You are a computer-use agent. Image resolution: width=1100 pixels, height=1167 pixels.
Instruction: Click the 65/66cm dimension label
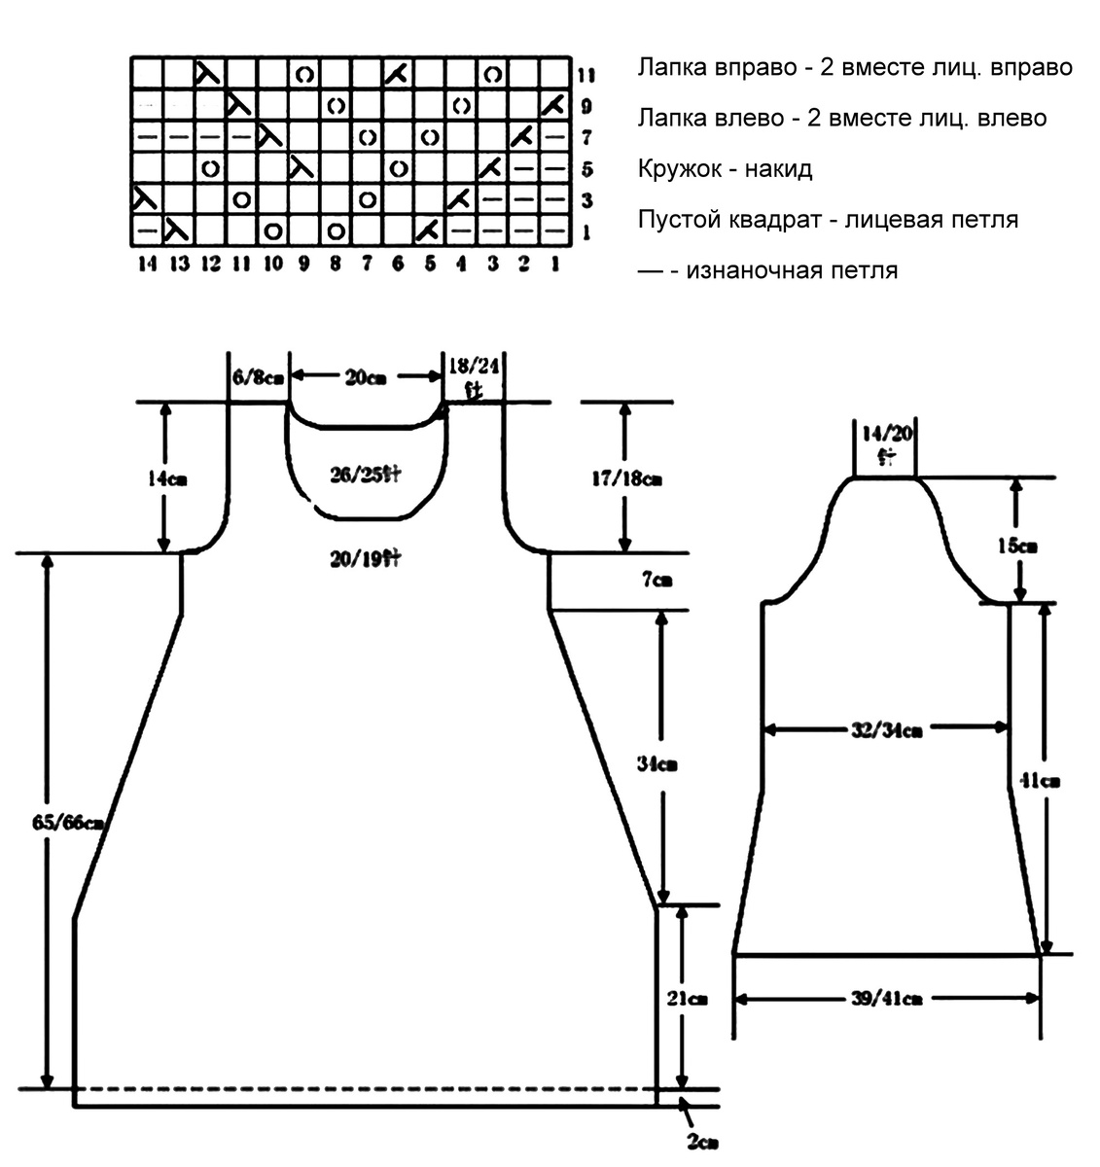pyautogui.click(x=67, y=823)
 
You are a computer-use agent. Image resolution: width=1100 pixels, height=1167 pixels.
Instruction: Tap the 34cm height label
pyautogui.click(x=657, y=764)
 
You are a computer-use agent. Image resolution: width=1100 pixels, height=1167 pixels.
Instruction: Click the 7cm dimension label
pyautogui.click(x=656, y=581)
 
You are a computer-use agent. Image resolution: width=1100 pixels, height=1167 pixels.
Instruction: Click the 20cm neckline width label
pyautogui.click(x=365, y=377)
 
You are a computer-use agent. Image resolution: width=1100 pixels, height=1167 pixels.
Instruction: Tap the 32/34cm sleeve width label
pyautogui.click(x=885, y=728)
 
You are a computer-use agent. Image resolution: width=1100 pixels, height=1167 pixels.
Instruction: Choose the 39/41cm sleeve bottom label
pyautogui.click(x=885, y=998)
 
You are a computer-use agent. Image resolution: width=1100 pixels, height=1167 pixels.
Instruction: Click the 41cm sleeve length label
pyautogui.click(x=1043, y=780)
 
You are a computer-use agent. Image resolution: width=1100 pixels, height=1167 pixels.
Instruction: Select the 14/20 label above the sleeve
pyautogui.click(x=886, y=434)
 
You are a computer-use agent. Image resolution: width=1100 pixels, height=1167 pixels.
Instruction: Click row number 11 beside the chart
pyautogui.click(x=586, y=75)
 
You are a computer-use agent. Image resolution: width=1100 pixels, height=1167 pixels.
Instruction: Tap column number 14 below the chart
pyautogui.click(x=147, y=264)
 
